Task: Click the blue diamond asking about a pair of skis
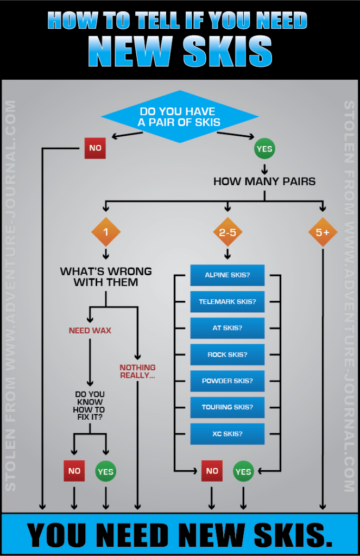coord(179,117)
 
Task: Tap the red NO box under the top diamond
coord(94,148)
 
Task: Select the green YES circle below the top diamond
coord(264,148)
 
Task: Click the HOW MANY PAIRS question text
coord(264,181)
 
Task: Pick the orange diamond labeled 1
coord(106,232)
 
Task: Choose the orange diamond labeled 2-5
coord(228,232)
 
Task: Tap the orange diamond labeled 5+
coord(323,232)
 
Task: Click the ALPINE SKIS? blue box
coord(227,275)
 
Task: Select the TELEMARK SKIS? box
coord(227,302)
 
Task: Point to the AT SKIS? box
coord(227,328)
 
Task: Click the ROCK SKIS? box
coord(227,355)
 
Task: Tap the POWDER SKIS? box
coord(227,381)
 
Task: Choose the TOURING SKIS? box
coord(227,407)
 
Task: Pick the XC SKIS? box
coord(227,434)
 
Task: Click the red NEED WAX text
coord(90,330)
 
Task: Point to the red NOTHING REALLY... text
coord(137,371)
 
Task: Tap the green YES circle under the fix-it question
coord(105,471)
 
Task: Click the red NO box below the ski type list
coord(211,471)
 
